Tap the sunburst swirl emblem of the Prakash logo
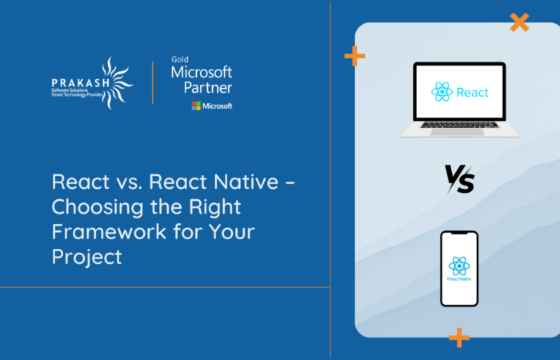point(114,81)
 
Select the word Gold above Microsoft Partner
point(179,59)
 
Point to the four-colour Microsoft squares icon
point(196,106)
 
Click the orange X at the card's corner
point(519,22)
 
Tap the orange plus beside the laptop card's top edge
point(354,55)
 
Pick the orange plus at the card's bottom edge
point(458,337)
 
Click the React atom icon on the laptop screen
point(442,92)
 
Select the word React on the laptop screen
point(472,93)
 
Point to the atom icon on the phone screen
point(458,266)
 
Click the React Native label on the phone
point(458,282)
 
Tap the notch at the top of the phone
point(458,234)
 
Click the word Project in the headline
point(87,257)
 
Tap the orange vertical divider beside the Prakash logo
point(152,82)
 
